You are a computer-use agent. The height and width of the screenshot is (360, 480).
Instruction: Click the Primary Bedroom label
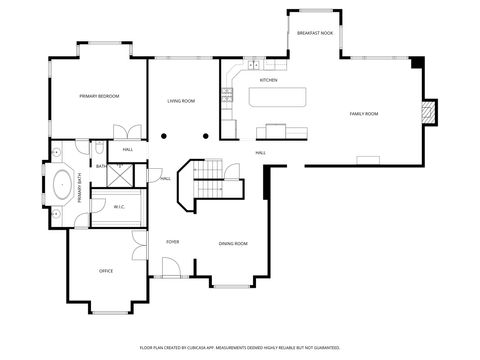[99, 96]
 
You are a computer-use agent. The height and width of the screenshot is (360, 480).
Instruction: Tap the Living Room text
[180, 101]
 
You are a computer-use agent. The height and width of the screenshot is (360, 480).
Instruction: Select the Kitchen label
[268, 80]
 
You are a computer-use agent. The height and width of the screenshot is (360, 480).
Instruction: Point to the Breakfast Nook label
[314, 34]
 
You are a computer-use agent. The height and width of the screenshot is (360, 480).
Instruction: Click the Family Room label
[363, 114]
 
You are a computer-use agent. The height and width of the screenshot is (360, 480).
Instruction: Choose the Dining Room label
[234, 244]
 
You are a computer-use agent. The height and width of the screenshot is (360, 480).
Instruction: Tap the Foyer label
[172, 242]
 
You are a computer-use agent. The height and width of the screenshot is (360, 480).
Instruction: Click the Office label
[105, 271]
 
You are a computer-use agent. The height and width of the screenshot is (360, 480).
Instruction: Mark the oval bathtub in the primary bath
[62, 186]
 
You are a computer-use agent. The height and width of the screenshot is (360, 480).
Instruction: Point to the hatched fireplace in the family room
[428, 112]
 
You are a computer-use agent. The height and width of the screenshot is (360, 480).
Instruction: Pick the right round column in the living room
[205, 135]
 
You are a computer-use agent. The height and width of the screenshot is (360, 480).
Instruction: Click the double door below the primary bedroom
[128, 131]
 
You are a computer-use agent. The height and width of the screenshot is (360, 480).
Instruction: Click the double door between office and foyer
[137, 247]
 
